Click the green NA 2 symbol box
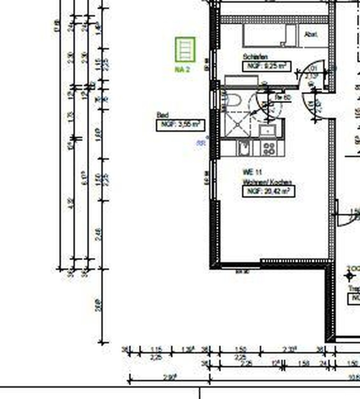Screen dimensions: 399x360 [x=185, y=50]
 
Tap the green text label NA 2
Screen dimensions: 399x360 [x=182, y=69]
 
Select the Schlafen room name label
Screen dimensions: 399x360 [x=255, y=57]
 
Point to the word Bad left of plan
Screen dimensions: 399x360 [x=163, y=115]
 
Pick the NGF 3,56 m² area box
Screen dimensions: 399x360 [x=180, y=125]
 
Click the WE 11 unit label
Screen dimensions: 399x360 [x=252, y=172]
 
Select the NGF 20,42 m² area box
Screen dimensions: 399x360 [x=269, y=191]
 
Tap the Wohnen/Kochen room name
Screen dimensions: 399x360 [x=267, y=182]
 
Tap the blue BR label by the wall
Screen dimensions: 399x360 [x=201, y=143]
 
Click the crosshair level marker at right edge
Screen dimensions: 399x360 [x=349, y=276]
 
